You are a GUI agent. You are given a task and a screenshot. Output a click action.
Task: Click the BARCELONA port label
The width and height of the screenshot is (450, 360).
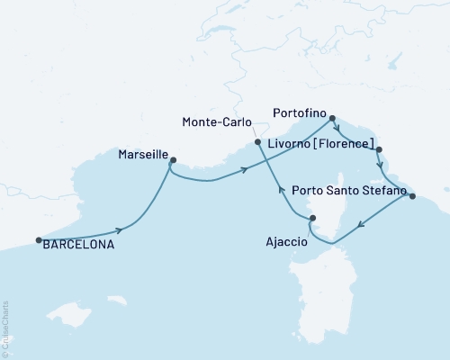click(x=79, y=242)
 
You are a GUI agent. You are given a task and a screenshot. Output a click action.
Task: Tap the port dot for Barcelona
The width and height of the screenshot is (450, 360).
click(x=39, y=240)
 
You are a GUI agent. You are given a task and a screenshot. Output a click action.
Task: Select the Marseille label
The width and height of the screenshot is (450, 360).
click(x=142, y=154)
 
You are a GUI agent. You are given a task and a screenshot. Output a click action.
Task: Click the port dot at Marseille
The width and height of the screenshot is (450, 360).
click(x=173, y=161)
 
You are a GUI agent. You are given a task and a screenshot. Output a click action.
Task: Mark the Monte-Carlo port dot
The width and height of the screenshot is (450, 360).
click(x=258, y=142)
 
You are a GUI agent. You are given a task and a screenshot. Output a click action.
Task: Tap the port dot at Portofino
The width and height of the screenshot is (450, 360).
click(x=332, y=118)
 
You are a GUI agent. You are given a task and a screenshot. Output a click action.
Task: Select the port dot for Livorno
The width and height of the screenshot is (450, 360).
click(x=379, y=150)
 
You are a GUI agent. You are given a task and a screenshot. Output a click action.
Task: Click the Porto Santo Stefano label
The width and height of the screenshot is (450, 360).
click(x=349, y=191)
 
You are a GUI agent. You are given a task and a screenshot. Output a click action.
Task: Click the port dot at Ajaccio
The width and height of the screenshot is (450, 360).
click(x=312, y=219)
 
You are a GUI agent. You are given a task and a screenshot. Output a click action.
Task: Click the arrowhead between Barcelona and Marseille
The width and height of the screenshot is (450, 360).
click(x=118, y=230)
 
